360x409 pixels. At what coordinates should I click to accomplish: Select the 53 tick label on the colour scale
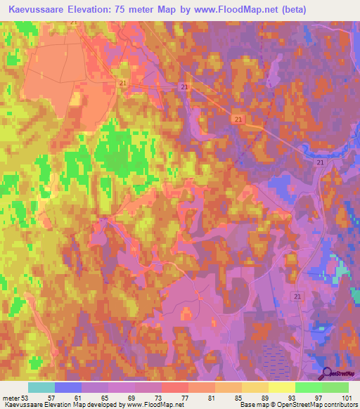pyautogui.click(x=27, y=398)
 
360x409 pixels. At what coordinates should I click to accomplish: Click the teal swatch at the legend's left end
pyautogui.click(x=41, y=387)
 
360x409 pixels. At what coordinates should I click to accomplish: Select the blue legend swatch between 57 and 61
pyautogui.click(x=67, y=387)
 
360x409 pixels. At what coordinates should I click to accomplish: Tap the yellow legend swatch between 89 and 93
pyautogui.click(x=281, y=387)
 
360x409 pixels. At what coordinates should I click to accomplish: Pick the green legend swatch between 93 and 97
pyautogui.click(x=308, y=387)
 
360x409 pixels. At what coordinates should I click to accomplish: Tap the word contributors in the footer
pyautogui.click(x=339, y=405)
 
